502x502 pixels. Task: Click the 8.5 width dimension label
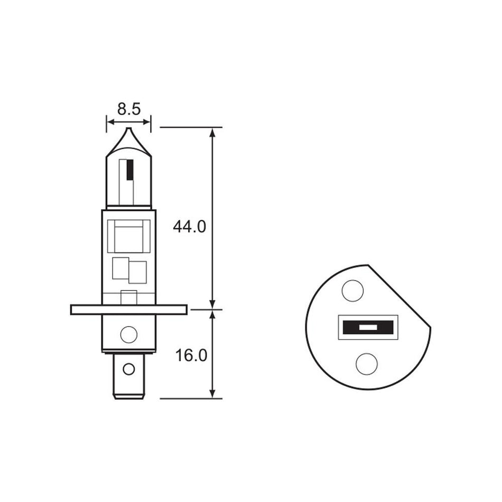click(x=128, y=109)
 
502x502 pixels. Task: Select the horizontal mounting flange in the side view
click(x=128, y=310)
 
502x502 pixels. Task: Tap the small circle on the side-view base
click(x=128, y=334)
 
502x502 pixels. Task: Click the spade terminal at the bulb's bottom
click(x=128, y=376)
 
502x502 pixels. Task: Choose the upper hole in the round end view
click(x=352, y=290)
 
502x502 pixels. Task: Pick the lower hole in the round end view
click(x=366, y=364)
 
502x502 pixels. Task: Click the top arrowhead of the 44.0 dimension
click(x=213, y=132)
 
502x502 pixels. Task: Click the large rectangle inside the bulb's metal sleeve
click(x=128, y=236)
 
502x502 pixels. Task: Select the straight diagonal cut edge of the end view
click(x=401, y=294)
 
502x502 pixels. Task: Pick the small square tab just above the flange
click(x=128, y=298)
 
